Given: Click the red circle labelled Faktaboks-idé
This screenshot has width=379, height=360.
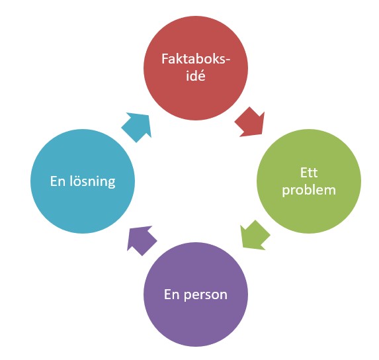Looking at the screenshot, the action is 196,68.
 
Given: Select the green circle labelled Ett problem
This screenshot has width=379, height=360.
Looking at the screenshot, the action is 309,181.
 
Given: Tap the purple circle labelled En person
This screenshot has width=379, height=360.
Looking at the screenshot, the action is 196,294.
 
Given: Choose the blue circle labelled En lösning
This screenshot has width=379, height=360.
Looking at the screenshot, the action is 83,181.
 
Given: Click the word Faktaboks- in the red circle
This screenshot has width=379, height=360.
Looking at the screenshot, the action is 195,59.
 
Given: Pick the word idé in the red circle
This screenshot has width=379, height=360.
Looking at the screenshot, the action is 196,75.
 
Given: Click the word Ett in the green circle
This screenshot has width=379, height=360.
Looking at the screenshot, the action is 309,173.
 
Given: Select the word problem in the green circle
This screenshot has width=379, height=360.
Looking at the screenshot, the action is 309,191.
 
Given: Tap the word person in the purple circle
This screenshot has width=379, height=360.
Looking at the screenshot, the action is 206,295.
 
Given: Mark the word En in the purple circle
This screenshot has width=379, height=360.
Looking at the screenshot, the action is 172,294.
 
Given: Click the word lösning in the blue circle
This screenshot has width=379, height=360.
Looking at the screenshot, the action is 93,181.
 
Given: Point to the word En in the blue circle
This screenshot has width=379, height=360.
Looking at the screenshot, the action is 58,181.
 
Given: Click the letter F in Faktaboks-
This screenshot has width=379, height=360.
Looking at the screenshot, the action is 165,60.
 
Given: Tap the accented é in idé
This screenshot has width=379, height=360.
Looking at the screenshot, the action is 202,76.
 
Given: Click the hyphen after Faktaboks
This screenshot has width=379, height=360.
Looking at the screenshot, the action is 227,60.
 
